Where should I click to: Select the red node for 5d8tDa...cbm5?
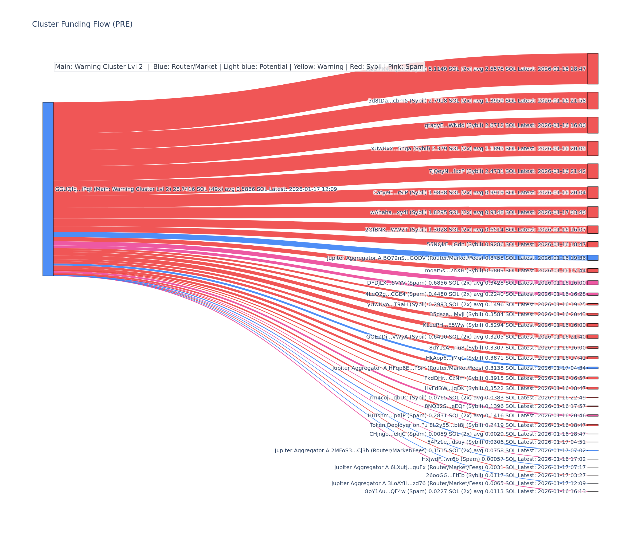pos(592,101)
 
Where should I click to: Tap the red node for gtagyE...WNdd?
pos(592,125)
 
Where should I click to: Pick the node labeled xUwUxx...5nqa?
pos(592,149)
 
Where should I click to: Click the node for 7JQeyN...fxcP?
pos(592,171)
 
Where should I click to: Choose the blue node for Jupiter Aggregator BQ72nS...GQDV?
pos(592,258)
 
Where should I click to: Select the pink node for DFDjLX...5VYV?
pos(592,283)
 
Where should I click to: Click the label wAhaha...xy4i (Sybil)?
pos(398,212)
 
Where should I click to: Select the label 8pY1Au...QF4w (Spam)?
pos(396,491)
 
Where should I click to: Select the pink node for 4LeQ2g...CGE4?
pos(592,294)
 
